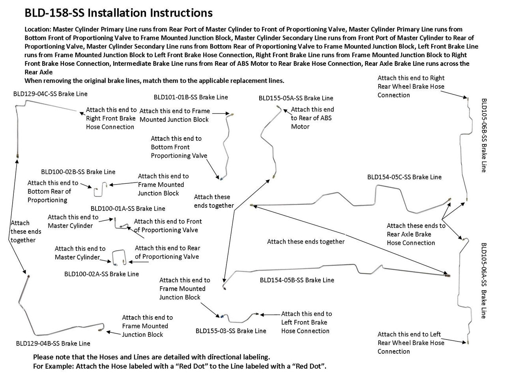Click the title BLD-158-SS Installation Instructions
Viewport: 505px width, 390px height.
[118, 13]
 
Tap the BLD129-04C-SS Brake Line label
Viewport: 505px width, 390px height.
[50, 94]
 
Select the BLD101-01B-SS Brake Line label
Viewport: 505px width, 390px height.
[191, 97]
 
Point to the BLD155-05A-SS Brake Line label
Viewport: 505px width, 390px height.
[296, 98]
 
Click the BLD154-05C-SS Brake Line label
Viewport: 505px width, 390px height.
[404, 177]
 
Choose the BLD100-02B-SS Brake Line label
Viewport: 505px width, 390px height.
[78, 172]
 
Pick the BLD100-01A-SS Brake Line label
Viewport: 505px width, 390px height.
[128, 209]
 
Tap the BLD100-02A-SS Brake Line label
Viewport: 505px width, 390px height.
[101, 274]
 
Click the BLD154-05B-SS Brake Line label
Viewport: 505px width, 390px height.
[297, 280]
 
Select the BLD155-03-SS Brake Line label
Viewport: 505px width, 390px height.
[231, 331]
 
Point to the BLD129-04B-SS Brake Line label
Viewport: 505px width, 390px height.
[53, 343]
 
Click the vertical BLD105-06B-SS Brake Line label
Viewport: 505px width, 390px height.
[484, 135]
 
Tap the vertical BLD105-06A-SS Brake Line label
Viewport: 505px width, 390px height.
[484, 280]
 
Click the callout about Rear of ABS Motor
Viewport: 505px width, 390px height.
[312, 118]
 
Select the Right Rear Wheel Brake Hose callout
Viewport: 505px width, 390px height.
[411, 86]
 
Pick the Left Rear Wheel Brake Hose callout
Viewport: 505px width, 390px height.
[411, 343]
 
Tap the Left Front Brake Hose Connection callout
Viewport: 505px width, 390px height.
[306, 322]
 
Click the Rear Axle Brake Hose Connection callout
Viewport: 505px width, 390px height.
[415, 234]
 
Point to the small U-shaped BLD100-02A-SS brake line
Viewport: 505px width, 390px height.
[119, 257]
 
